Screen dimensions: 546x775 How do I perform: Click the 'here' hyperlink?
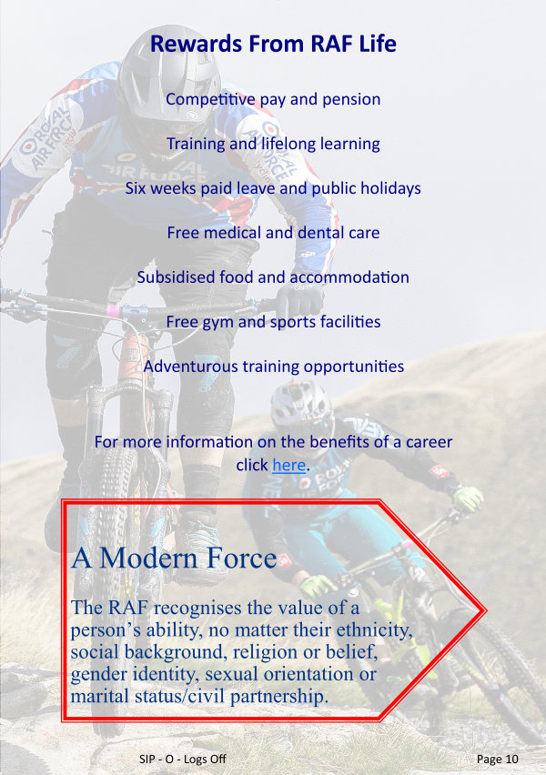click(x=288, y=465)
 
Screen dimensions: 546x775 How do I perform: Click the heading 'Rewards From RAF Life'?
click(x=273, y=44)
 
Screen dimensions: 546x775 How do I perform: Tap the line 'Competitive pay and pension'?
click(x=273, y=99)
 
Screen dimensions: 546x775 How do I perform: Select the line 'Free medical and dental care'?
click(x=273, y=233)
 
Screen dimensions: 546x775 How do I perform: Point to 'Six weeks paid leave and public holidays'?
click(x=273, y=188)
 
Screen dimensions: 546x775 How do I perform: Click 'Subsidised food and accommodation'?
click(x=273, y=277)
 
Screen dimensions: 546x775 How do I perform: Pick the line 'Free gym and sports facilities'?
click(x=273, y=322)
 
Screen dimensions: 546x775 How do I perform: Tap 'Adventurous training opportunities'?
click(x=274, y=367)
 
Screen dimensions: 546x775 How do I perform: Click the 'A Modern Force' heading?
click(x=174, y=558)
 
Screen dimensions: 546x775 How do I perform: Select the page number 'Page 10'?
click(x=498, y=760)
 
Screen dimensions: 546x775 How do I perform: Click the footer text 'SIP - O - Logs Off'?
click(x=183, y=760)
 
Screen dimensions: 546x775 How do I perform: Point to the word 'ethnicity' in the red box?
click(x=374, y=630)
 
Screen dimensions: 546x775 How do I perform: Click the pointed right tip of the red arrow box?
click(x=486, y=611)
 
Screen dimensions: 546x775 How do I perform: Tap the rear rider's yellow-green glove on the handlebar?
click(x=468, y=498)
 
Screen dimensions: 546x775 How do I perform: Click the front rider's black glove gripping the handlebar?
click(x=299, y=300)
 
